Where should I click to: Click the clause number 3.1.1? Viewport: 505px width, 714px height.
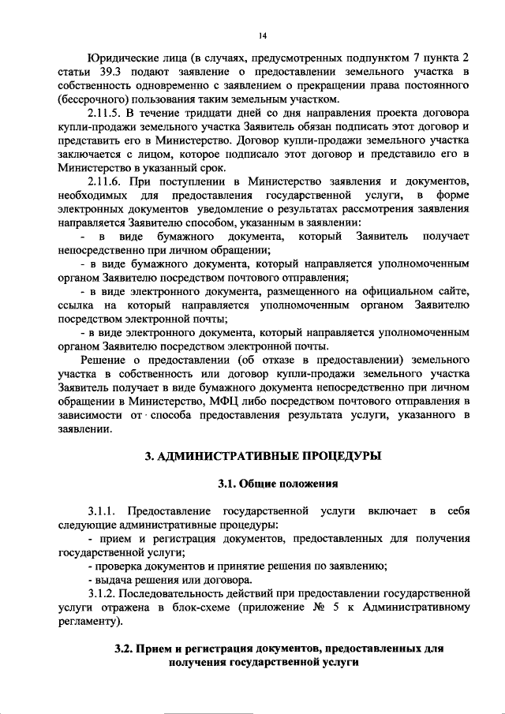point(103,512)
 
